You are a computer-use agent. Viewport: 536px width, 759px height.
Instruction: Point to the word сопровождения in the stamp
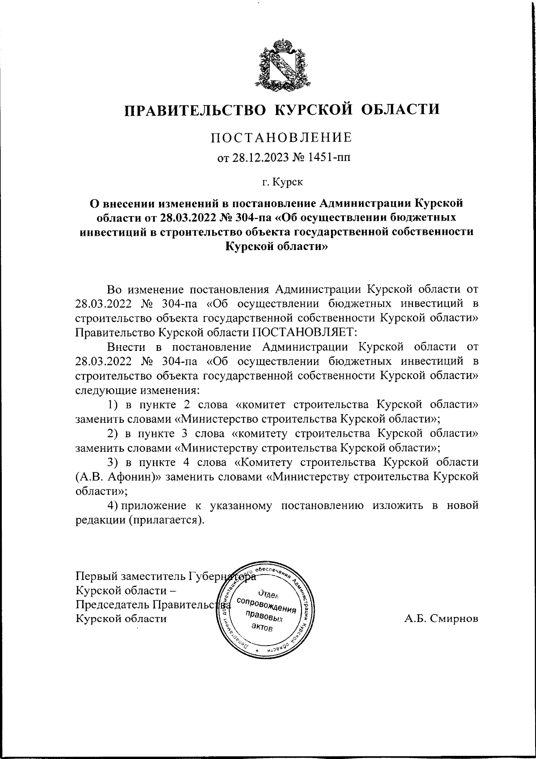pos(267,605)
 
